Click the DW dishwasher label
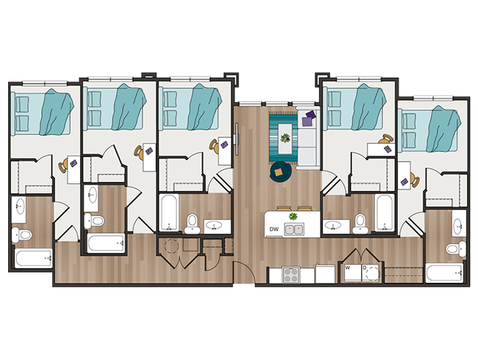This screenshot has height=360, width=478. coord(274,230)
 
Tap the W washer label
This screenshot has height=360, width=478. coord(347,268)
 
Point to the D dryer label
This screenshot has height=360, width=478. coord(364,268)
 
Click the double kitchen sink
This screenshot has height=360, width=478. coord(295,230)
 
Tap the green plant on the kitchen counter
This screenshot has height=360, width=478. coord(293,216)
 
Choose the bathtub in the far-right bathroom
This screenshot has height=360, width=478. coord(444,274)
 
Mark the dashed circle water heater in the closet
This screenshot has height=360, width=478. coord(171,248)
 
